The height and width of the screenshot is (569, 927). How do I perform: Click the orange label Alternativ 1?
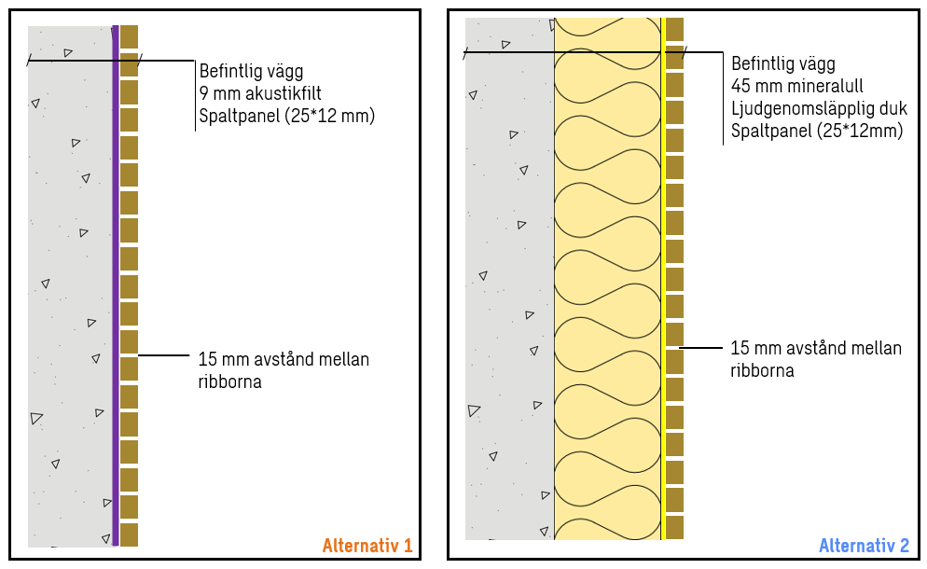[x=367, y=546]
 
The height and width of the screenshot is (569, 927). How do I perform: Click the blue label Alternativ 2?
[x=863, y=546]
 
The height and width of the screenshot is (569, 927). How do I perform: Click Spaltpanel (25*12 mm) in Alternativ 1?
[x=286, y=117]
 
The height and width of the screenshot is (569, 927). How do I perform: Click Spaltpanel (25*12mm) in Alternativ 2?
[x=816, y=132]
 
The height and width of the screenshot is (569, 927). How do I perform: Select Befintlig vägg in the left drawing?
[x=251, y=71]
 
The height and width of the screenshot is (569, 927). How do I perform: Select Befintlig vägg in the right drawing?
[x=782, y=64]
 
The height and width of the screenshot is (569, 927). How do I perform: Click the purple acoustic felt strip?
[x=116, y=280]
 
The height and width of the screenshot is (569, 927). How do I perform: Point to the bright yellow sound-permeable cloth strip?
[x=663, y=280]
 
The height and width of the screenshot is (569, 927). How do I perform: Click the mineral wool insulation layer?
[x=607, y=280]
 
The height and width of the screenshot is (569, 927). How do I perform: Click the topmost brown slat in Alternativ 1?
[x=130, y=36]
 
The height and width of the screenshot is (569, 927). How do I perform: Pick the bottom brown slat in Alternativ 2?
[x=674, y=527]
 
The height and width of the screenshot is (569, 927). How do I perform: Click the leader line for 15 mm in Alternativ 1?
[x=163, y=355]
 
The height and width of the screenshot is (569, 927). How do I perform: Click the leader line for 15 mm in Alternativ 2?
[x=701, y=348]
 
